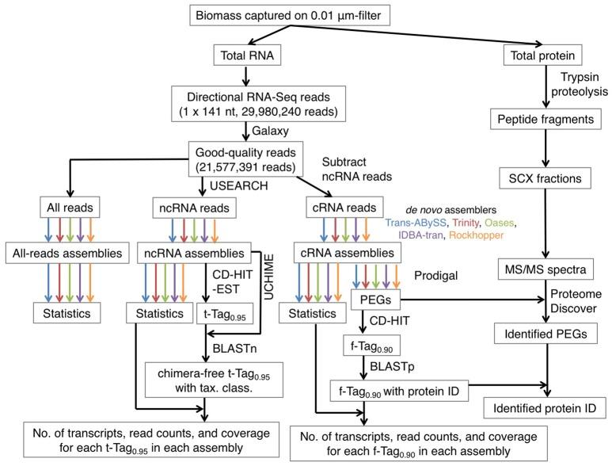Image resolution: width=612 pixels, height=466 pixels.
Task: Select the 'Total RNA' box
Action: coord(246,55)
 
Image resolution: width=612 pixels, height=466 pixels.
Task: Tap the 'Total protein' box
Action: coord(538,55)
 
